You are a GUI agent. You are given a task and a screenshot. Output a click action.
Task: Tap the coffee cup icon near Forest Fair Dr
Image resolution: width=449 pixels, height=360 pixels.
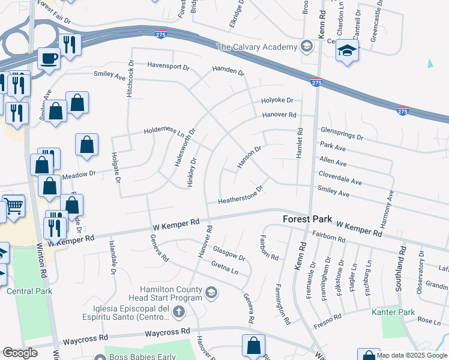49,59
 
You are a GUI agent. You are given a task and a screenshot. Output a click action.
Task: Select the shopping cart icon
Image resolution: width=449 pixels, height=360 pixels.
13,206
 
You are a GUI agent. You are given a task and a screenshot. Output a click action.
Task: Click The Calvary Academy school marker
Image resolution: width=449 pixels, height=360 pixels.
307,47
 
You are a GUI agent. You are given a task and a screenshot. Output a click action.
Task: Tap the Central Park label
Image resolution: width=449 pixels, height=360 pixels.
29,292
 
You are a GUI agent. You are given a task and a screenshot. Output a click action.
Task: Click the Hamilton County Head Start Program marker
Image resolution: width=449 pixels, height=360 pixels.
211,293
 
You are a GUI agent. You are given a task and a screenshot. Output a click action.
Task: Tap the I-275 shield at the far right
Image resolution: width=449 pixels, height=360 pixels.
403,112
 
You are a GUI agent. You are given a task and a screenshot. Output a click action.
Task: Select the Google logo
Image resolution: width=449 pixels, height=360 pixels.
20,353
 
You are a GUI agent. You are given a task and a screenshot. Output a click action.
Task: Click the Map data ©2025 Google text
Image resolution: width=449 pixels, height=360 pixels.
412,355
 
